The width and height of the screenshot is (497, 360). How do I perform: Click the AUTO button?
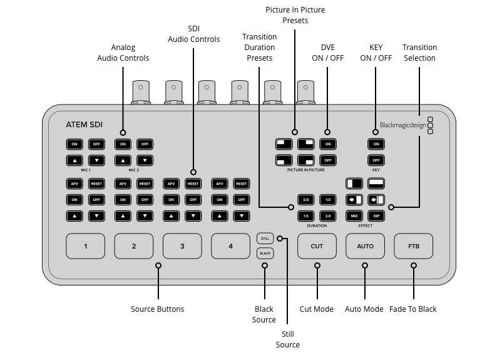click(365, 246)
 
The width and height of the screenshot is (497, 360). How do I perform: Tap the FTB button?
click(413, 246)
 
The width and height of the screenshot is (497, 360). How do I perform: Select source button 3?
click(182, 246)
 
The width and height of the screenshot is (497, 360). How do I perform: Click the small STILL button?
click(265, 239)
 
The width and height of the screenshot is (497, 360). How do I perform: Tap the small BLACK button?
click(265, 253)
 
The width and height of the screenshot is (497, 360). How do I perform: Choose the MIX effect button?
click(354, 216)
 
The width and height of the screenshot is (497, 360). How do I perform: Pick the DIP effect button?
click(376, 216)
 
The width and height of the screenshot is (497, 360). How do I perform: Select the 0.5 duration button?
click(306, 200)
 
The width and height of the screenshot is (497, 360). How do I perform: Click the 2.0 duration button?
click(328, 216)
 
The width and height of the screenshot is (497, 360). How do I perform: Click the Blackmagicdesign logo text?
click(402, 125)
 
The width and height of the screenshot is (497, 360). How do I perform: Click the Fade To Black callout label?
click(413, 309)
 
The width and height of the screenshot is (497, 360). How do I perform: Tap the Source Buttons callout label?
click(158, 309)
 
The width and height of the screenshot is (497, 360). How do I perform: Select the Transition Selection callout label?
click(419, 53)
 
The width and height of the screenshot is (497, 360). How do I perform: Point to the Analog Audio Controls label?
click(123, 53)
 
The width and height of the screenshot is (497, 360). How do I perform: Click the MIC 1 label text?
click(85, 170)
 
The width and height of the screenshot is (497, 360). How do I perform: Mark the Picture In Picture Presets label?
click(295, 15)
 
